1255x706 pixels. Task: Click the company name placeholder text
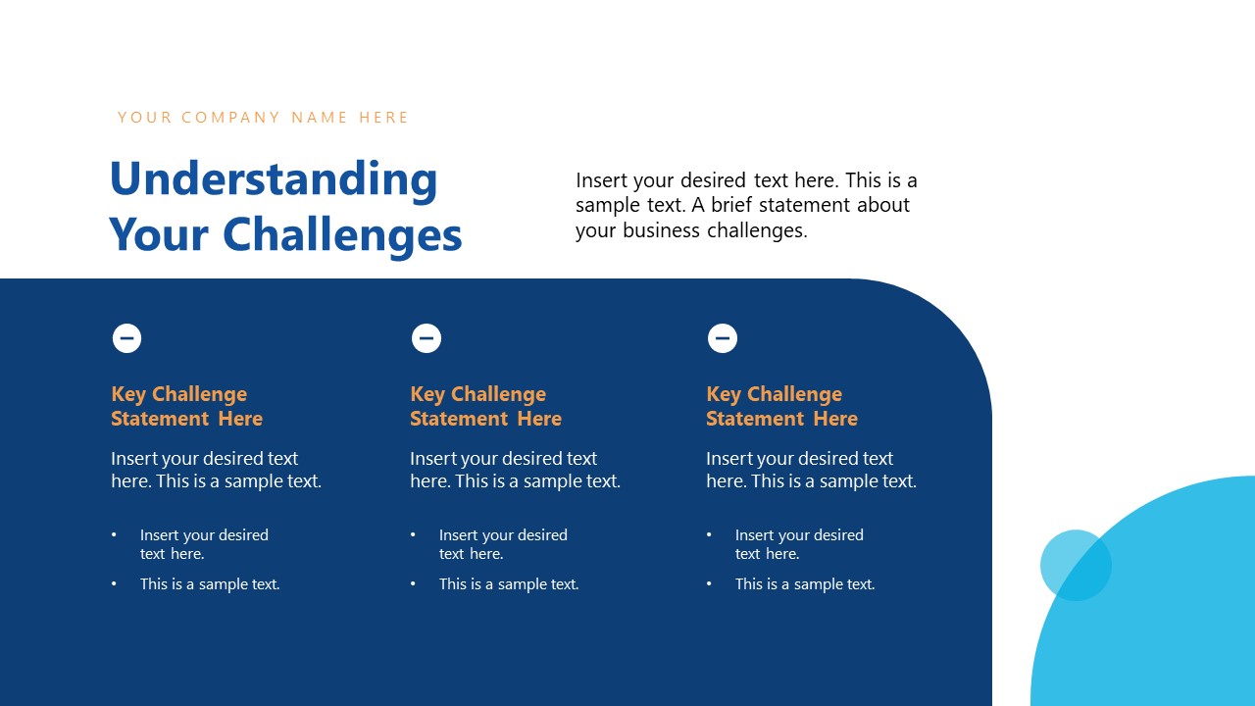click(x=263, y=118)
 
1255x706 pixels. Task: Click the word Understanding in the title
click(x=273, y=179)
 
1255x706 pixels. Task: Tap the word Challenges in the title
click(x=342, y=235)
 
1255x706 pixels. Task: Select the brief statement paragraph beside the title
click(x=746, y=206)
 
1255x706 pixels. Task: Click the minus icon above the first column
click(x=126, y=338)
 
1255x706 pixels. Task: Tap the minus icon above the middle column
click(x=426, y=338)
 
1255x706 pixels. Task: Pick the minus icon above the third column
click(x=722, y=338)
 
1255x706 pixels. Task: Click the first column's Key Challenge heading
click(x=186, y=406)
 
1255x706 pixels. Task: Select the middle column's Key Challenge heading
click(x=485, y=406)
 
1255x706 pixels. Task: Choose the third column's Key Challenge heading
click(x=781, y=406)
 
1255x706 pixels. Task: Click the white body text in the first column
click(x=216, y=470)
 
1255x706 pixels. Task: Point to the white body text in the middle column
click(x=515, y=470)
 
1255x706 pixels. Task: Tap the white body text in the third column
click(x=811, y=470)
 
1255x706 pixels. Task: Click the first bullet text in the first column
click(x=204, y=544)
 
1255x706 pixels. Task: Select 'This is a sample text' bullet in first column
click(x=210, y=584)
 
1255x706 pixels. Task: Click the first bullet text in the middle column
click(x=503, y=544)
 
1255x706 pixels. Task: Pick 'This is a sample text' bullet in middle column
click(x=509, y=584)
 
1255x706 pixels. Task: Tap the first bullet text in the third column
click(x=799, y=544)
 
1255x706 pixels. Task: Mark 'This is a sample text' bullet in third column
click(x=805, y=584)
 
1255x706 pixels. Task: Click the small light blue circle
click(x=1076, y=565)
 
